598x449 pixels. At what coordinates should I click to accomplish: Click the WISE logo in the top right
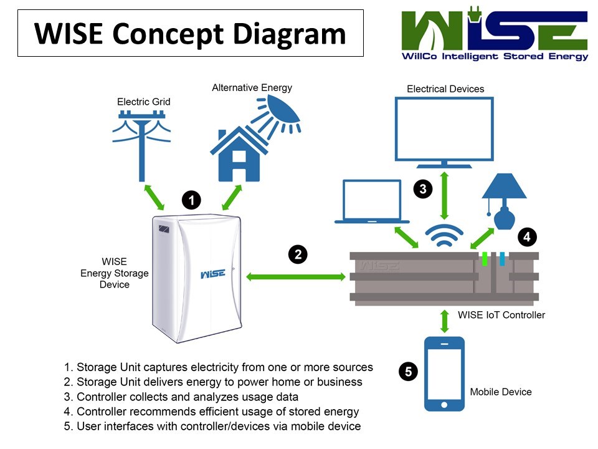click(495, 34)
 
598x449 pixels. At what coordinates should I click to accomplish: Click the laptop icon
click(372, 201)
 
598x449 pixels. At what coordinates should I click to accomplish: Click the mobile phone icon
click(444, 374)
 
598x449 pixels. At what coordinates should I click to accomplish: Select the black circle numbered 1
click(192, 200)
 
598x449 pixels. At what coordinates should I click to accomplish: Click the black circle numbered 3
click(423, 189)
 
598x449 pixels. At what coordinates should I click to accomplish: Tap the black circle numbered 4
click(528, 237)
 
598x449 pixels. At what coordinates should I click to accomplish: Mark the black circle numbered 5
click(407, 372)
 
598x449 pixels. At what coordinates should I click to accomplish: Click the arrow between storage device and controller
click(297, 276)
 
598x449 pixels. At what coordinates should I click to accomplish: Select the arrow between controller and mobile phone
click(444, 320)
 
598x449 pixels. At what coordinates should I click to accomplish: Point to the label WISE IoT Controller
click(501, 315)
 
